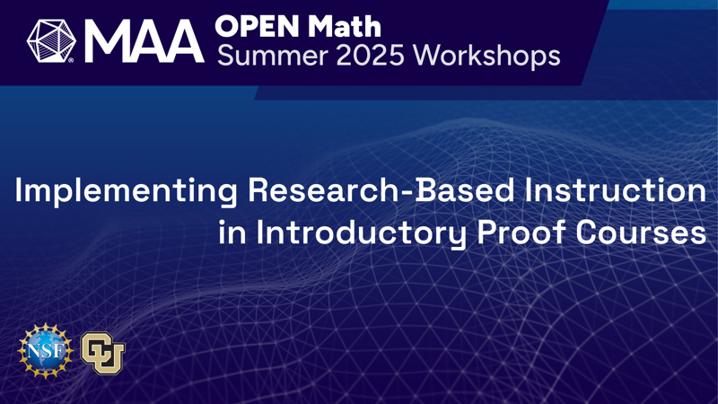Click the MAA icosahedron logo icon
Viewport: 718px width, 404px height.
(51, 40)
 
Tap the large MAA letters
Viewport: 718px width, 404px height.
(144, 41)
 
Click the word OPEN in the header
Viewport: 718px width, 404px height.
(258, 26)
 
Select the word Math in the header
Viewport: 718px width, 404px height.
(345, 26)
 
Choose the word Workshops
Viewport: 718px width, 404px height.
(486, 56)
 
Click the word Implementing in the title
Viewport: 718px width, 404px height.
(126, 191)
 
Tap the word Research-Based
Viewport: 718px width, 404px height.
(381, 190)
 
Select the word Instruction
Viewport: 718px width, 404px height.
(616, 190)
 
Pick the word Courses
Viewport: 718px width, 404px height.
(641, 233)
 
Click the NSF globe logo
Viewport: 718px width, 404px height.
(46, 351)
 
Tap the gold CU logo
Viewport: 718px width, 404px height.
(103, 353)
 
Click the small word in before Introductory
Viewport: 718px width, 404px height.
(232, 233)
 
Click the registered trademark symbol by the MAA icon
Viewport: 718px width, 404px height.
(71, 60)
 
